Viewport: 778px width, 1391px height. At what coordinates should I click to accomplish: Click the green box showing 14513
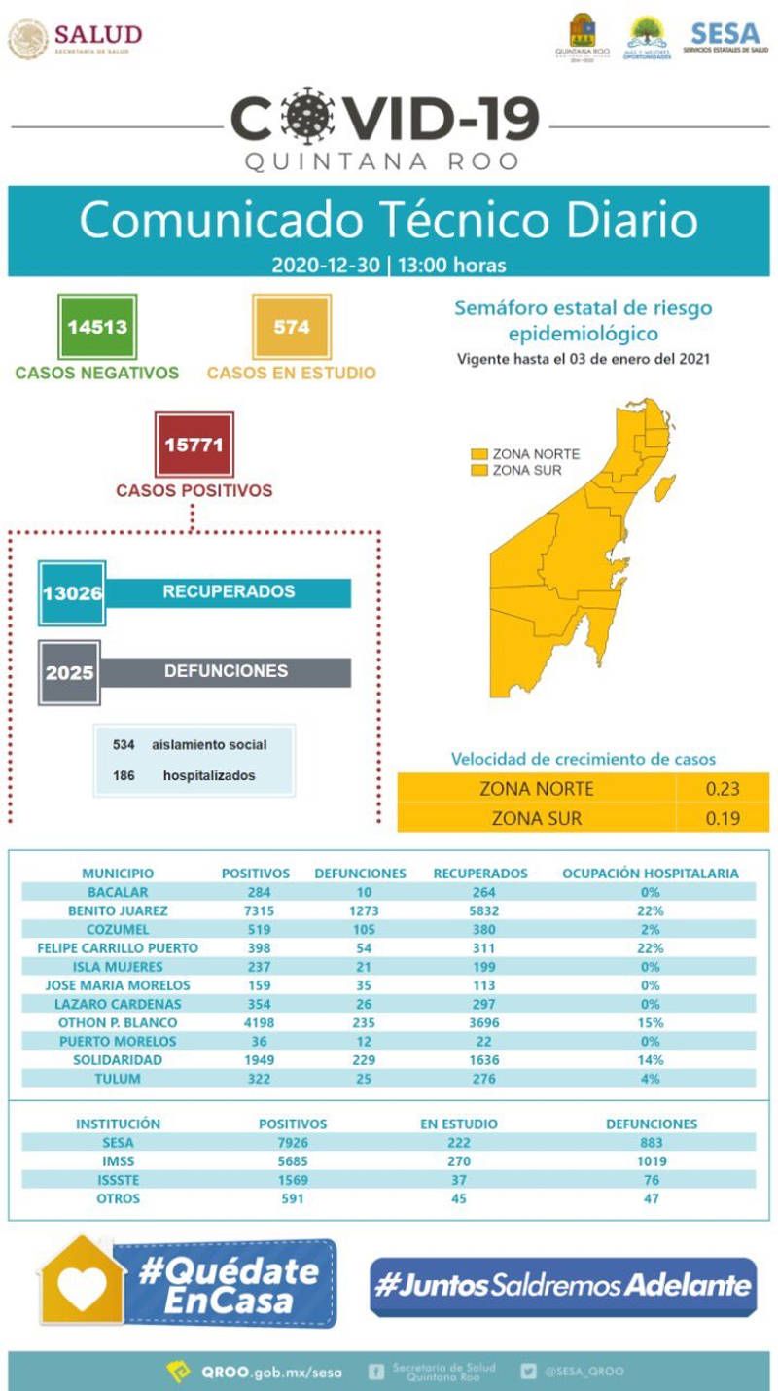pos(97,327)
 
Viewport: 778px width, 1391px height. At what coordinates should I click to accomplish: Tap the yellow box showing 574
pos(292,327)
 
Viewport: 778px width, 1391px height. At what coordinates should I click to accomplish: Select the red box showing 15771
pos(194,445)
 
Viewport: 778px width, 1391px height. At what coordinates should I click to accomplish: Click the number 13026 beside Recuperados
pos(71,592)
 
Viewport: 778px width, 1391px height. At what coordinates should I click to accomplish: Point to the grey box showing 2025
pos(70,671)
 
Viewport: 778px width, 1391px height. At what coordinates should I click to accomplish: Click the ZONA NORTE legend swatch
pos(479,454)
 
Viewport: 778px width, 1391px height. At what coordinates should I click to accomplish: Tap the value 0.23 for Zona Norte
pos(723,789)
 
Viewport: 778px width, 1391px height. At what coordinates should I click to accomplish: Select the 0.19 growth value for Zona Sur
pos(723,818)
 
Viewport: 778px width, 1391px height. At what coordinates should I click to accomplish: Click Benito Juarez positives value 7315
pos(255,910)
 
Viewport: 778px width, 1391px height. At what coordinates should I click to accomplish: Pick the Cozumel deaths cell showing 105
pos(360,929)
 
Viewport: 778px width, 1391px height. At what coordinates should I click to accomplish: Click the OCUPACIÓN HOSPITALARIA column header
pos(651,874)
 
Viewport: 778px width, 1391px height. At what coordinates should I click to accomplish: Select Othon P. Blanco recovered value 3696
pos(480,1022)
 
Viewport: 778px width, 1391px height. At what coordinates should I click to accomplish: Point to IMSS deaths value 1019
pos(651,1160)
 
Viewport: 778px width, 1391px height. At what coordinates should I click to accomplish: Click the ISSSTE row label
pos(118,1179)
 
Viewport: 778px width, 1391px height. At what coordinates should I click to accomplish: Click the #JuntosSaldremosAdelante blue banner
pos(563,1286)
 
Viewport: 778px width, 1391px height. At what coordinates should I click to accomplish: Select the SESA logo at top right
pos(725,37)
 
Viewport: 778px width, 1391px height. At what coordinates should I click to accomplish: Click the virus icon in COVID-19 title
pos(305,116)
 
